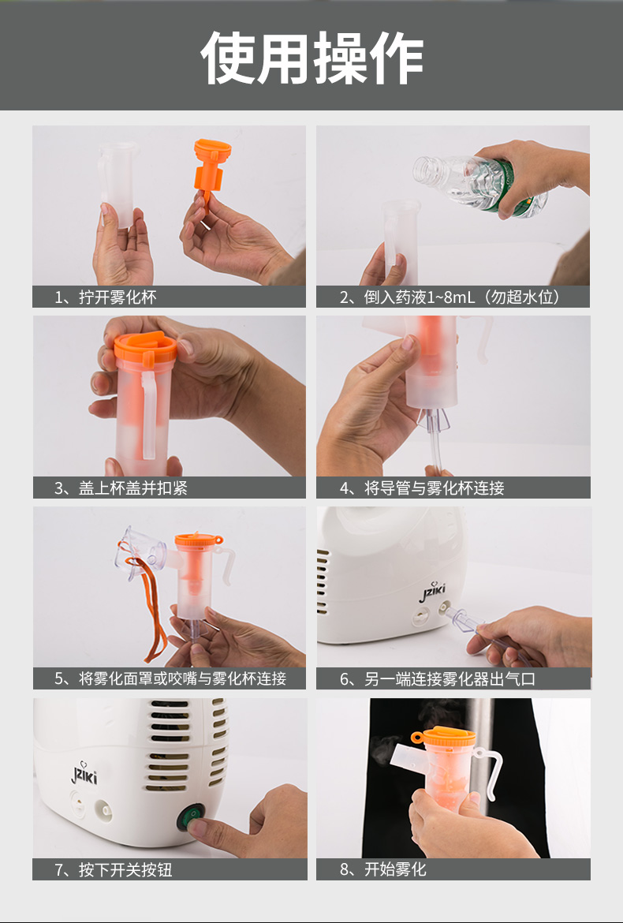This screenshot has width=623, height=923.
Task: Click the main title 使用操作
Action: point(311,58)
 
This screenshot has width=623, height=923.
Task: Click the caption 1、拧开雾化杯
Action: point(106,297)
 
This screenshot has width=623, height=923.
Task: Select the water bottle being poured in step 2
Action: point(479,185)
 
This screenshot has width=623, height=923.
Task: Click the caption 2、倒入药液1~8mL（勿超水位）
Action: point(451,297)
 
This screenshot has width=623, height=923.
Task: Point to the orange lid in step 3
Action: point(145,347)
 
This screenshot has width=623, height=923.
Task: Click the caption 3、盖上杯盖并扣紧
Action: point(121,488)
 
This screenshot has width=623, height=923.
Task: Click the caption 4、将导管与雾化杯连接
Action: point(422,488)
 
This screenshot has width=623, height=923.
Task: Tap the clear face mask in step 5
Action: point(141,551)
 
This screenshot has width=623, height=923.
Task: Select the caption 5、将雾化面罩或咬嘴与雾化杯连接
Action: point(170,678)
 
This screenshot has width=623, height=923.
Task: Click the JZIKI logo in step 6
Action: point(432,592)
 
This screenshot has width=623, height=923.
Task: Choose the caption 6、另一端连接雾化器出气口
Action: point(438,678)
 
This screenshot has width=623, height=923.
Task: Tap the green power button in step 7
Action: point(191,817)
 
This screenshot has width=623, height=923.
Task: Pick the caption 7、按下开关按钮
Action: point(113,869)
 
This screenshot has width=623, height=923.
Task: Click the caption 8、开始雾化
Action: point(383,869)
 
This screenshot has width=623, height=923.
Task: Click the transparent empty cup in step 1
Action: point(118,183)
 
